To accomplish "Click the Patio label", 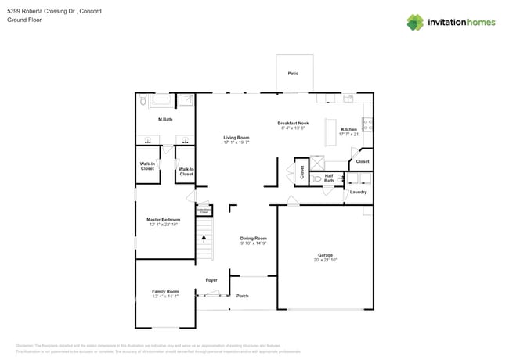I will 293,74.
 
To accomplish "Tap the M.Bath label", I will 165,119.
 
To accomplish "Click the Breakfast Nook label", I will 293,123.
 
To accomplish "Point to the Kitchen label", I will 348,129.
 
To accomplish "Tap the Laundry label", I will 358,192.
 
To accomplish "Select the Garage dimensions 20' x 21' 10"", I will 325,260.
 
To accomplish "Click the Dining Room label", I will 253,238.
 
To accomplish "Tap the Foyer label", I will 211,279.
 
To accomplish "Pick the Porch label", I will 242,296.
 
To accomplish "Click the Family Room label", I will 165,291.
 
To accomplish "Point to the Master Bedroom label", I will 164,220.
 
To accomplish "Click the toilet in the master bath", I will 143,101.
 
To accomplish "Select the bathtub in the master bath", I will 163,101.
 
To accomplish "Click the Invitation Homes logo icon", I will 415,22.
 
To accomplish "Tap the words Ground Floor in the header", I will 24,20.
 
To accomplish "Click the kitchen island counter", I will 329,129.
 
